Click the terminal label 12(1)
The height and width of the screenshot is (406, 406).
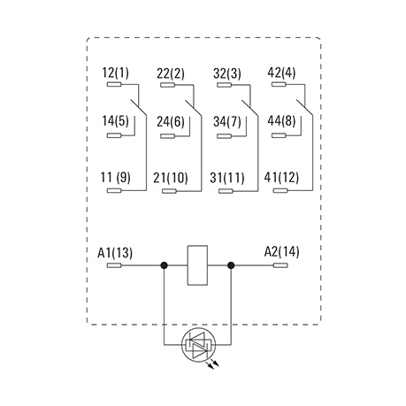click(115, 73)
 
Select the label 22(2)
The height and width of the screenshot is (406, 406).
click(171, 73)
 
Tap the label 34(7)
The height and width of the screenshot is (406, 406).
click(227, 121)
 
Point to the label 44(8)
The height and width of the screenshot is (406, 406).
click(281, 121)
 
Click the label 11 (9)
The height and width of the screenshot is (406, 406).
click(115, 178)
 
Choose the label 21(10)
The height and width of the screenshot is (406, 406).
click(171, 178)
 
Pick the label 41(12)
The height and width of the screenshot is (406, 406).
click(281, 178)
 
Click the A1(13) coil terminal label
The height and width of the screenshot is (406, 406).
click(115, 253)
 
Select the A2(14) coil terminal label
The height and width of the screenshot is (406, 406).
click(281, 252)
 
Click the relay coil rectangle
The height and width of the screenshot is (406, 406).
click(197, 265)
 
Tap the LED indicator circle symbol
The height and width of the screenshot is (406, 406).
click(198, 344)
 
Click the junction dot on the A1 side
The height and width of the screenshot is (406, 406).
click(165, 265)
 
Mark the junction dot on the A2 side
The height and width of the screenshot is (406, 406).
click(231, 265)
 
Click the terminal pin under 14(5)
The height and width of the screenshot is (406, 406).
click(114, 135)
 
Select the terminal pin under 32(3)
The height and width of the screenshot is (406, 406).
click(224, 85)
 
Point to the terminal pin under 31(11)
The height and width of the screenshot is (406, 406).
click(226, 191)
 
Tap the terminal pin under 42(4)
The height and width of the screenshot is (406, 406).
click(279, 85)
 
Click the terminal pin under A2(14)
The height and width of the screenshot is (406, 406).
click(280, 265)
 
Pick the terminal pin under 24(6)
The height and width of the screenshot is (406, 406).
click(168, 136)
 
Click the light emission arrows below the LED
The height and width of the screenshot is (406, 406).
click(213, 364)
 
